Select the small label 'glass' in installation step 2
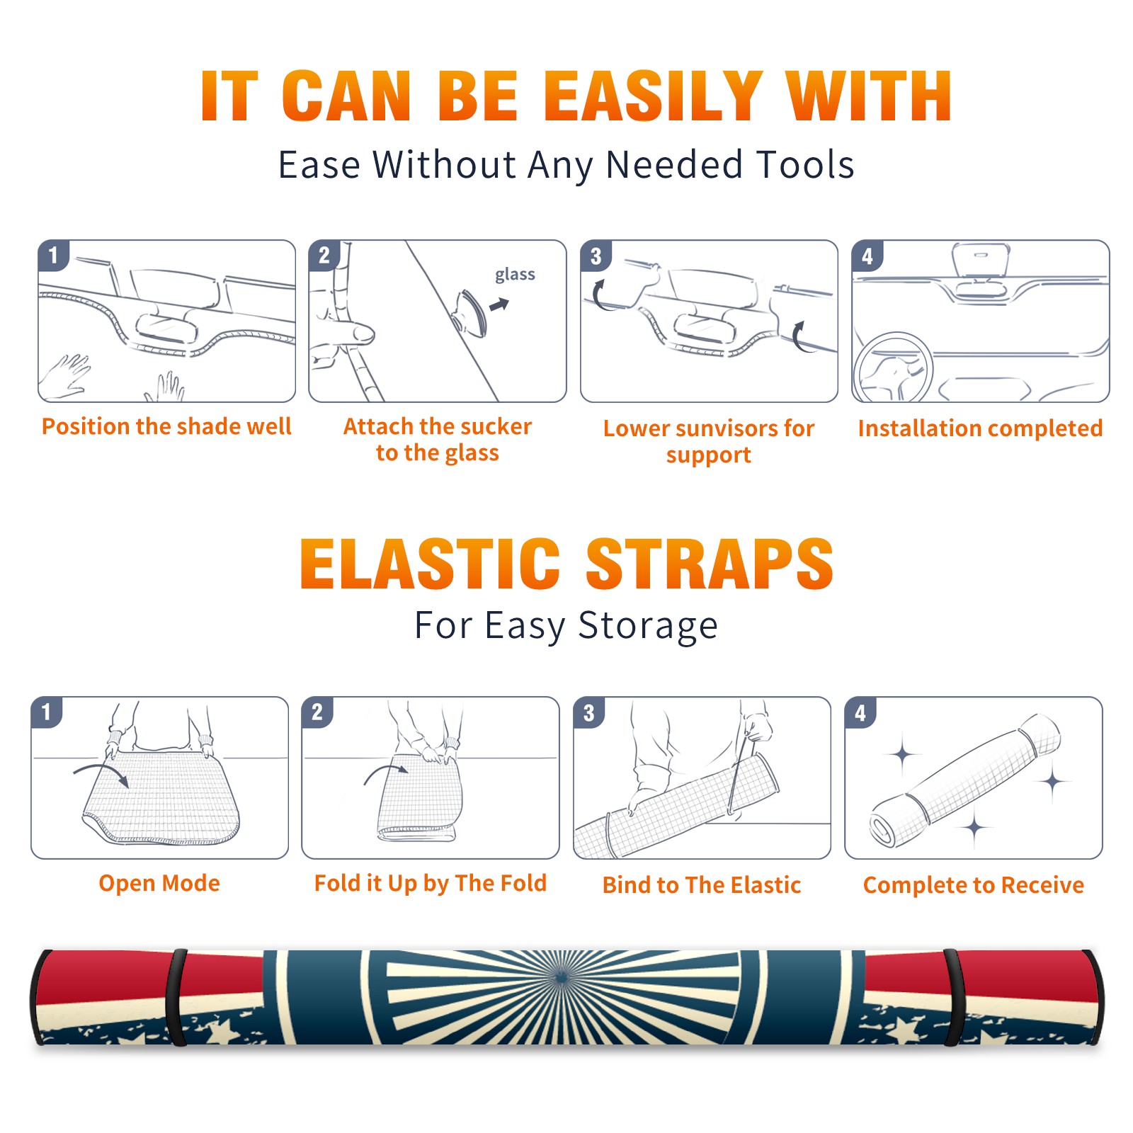515,275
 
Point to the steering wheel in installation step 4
893,368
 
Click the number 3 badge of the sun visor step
596,256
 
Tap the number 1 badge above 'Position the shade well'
53,255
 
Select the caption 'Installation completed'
980,428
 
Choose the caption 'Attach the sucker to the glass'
438,440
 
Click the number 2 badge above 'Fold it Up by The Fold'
317,712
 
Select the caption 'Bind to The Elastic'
701,885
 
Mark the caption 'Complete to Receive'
974,885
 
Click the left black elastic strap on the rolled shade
176,997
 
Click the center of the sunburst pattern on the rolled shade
562,979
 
